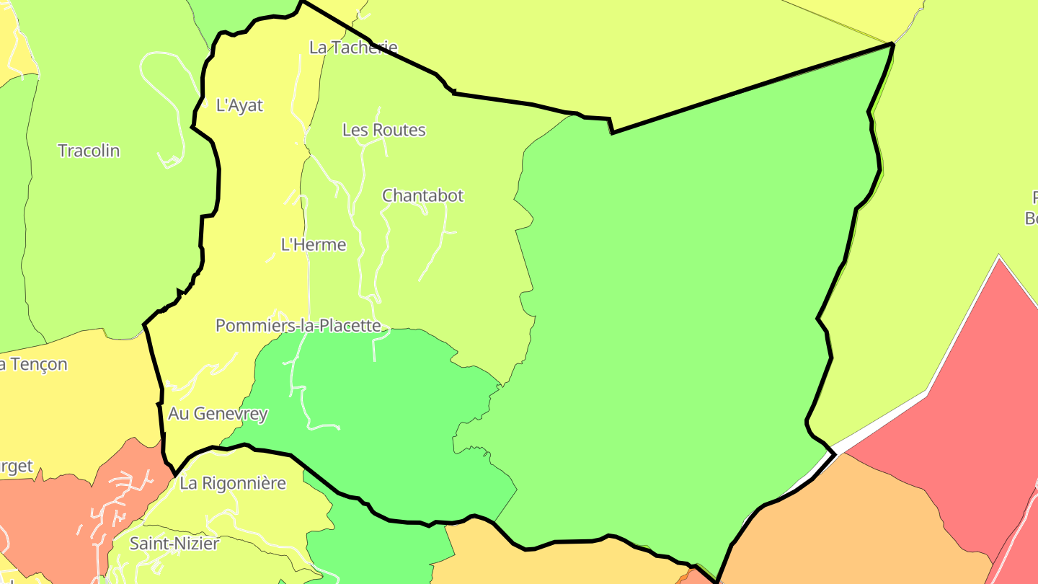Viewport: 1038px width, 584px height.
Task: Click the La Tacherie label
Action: pyautogui.click(x=353, y=48)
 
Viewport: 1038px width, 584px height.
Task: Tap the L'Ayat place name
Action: pyautogui.click(x=239, y=105)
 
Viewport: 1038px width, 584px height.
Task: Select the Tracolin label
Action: pyautogui.click(x=89, y=151)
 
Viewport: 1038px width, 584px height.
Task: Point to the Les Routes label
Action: pyautogui.click(x=383, y=130)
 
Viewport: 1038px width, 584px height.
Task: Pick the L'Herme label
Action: pyautogui.click(x=313, y=245)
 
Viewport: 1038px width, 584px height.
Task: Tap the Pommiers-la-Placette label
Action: pyautogui.click(x=298, y=326)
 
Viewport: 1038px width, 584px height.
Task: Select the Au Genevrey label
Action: pyautogui.click(x=218, y=414)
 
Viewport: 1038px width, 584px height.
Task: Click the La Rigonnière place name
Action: pyautogui.click(x=233, y=483)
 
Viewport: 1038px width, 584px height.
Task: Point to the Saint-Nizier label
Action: pyautogui.click(x=174, y=544)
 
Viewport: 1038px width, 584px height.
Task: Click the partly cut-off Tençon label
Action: pyautogui.click(x=33, y=364)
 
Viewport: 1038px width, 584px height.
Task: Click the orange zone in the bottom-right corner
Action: pyautogui.click(x=851, y=526)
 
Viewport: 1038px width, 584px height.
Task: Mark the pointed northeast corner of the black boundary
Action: pyautogui.click(x=893, y=45)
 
